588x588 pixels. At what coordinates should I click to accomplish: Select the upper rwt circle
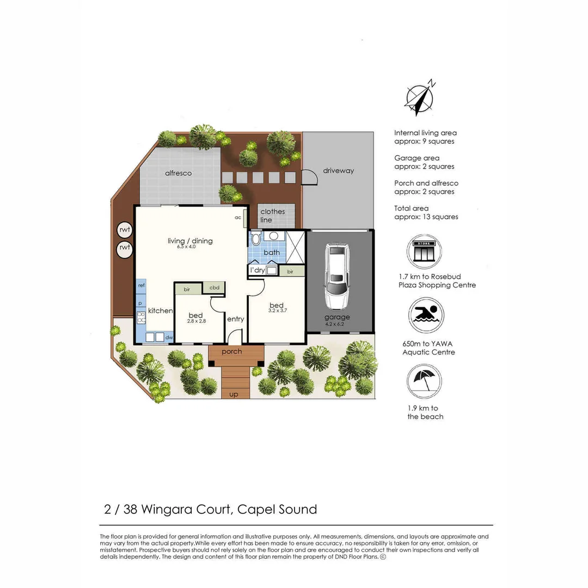pyautogui.click(x=125, y=230)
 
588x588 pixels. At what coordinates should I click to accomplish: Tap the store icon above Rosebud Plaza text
pyautogui.click(x=424, y=252)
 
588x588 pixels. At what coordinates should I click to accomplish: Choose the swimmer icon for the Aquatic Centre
pyautogui.click(x=426, y=315)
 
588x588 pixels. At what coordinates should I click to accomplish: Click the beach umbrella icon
pyautogui.click(x=424, y=381)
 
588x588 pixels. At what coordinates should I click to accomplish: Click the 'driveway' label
pyautogui.click(x=338, y=170)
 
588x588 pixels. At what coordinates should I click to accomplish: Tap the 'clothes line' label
pyautogui.click(x=272, y=216)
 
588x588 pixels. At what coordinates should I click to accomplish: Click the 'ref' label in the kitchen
pyautogui.click(x=141, y=285)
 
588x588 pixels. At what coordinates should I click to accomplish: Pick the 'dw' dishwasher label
pyautogui.click(x=169, y=338)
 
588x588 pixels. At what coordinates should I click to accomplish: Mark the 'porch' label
pyautogui.click(x=232, y=352)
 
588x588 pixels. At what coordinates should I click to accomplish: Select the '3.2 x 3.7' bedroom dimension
pyautogui.click(x=277, y=311)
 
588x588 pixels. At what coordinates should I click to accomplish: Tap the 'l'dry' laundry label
pyautogui.click(x=256, y=271)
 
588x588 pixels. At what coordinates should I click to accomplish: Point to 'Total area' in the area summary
pyautogui.click(x=411, y=208)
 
